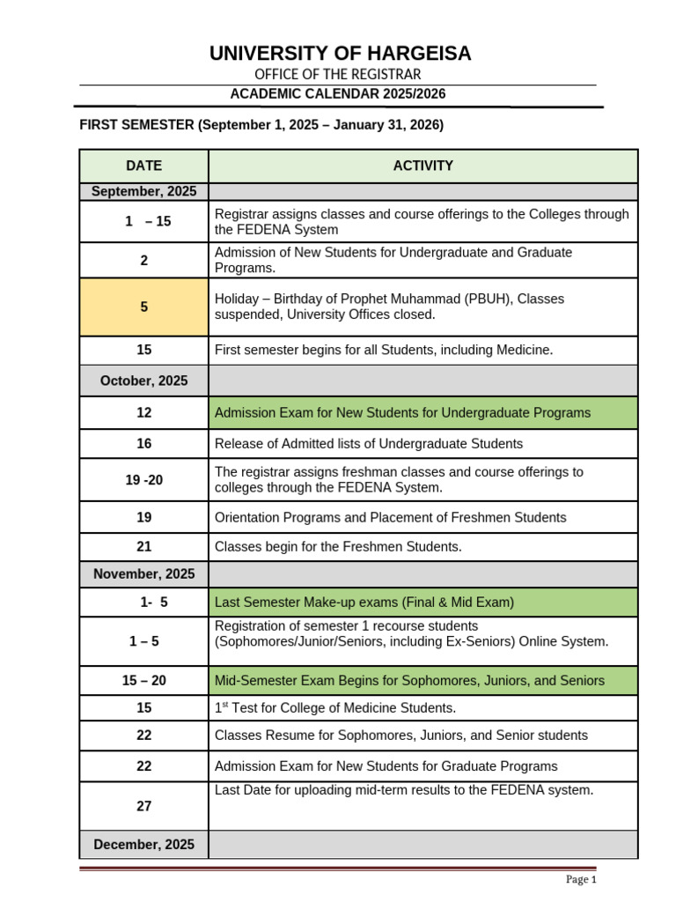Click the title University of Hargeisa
click(x=340, y=54)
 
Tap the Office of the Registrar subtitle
click(x=338, y=75)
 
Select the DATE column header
click(x=143, y=166)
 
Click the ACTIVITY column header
click(x=422, y=166)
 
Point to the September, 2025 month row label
click(x=143, y=191)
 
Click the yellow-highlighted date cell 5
click(x=143, y=307)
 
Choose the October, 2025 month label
click(x=143, y=381)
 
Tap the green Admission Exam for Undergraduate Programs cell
click(x=422, y=412)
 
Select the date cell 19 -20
click(x=143, y=479)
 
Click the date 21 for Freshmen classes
click(x=143, y=547)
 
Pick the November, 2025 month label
click(x=143, y=573)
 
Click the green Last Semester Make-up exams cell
click(x=422, y=603)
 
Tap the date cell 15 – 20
click(x=143, y=680)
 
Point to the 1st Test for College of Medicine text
click(x=335, y=708)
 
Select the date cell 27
click(x=143, y=806)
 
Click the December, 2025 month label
click(x=143, y=844)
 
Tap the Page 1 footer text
click(x=581, y=879)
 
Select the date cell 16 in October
click(x=143, y=444)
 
